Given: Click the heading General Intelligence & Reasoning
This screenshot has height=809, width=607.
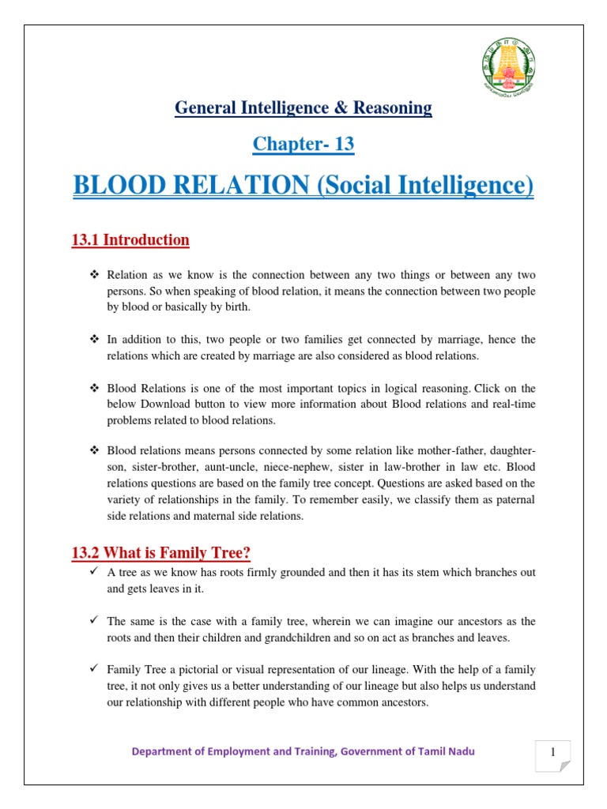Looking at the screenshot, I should click(303, 107).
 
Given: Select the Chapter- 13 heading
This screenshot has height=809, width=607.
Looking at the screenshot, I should click(303, 144).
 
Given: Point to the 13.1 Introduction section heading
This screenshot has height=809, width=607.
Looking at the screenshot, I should click(130, 239).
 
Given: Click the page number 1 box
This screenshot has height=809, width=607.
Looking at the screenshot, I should click(552, 755).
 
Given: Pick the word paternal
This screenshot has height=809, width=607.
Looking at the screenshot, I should click(513, 499).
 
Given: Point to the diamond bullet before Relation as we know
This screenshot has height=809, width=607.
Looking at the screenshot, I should click(93, 275).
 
